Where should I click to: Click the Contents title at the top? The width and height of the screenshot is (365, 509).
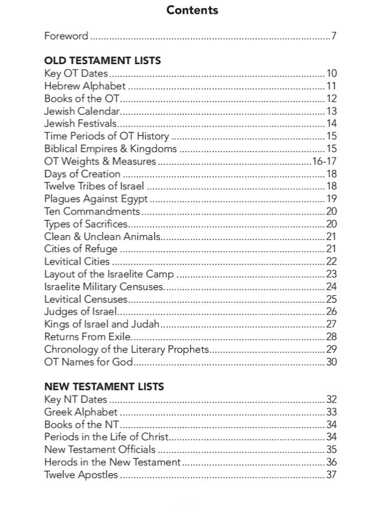192,10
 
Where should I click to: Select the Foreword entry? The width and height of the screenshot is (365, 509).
66,36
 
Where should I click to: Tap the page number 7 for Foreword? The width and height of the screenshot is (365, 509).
334,36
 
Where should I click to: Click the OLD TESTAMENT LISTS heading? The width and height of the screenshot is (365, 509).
103,61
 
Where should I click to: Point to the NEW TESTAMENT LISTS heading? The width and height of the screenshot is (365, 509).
104,387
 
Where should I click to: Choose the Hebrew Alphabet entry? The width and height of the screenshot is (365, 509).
85,86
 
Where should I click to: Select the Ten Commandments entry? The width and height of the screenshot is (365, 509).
92,211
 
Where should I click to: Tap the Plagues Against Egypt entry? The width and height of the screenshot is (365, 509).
96,199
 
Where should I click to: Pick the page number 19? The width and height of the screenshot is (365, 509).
331,199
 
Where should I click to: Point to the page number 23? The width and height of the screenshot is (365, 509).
331,274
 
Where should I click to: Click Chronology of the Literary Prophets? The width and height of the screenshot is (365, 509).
126,349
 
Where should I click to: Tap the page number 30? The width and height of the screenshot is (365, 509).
331,362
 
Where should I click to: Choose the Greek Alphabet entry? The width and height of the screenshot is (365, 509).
81,412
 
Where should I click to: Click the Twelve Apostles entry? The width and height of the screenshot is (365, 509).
81,475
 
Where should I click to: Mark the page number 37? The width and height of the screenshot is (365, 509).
331,475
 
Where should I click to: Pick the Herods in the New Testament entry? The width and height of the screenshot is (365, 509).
113,462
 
